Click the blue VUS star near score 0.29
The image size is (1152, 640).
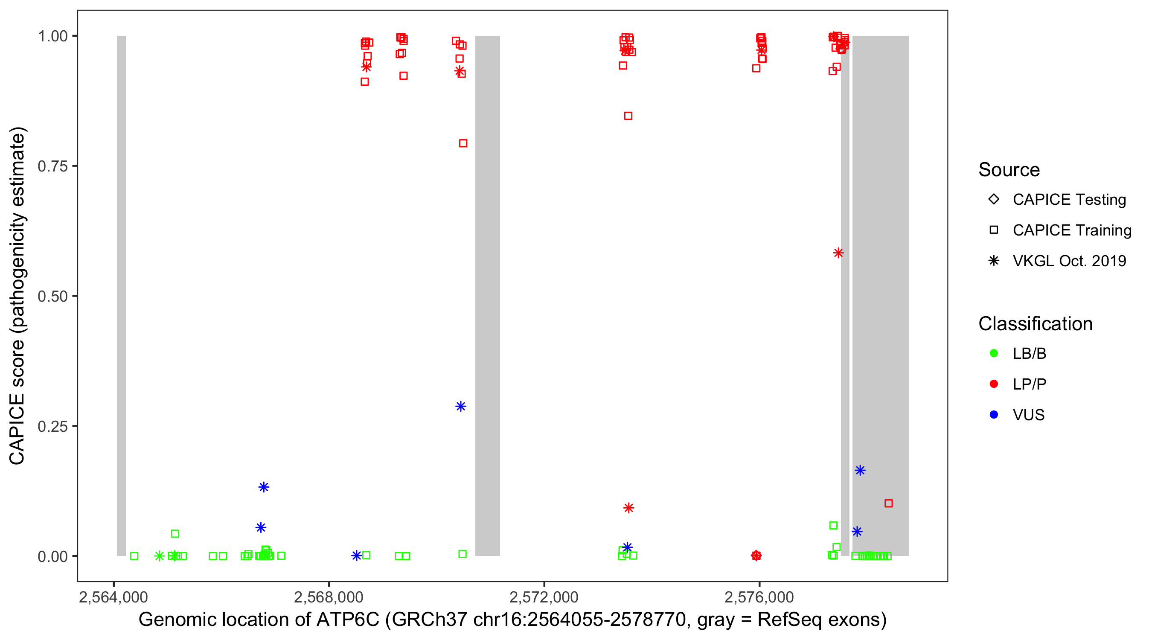tap(461, 406)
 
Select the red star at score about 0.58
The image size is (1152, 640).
tap(838, 253)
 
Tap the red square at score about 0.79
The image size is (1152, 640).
tap(463, 143)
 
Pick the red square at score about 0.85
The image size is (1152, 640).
tap(628, 116)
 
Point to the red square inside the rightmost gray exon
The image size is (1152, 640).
tap(888, 503)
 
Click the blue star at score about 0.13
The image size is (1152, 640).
tap(263, 487)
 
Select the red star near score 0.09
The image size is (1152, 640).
tap(628, 508)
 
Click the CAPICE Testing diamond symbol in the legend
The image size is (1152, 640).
tap(994, 199)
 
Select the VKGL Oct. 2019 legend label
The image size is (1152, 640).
tap(1069, 261)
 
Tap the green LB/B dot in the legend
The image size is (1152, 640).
tap(994, 353)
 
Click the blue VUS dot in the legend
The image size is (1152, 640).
tap(994, 415)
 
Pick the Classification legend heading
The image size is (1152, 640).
tap(1035, 323)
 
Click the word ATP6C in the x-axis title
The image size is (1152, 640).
tap(347, 620)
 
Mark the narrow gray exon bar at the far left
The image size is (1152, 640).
tap(121, 295)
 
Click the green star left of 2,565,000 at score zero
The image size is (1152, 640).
tap(159, 556)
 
